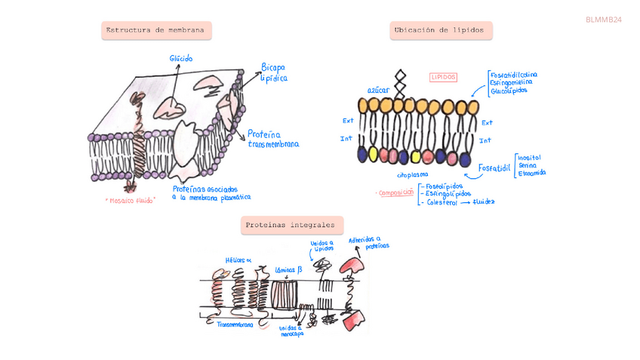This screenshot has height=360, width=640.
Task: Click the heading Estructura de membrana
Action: [x=156, y=31]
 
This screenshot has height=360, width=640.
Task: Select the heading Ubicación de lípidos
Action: [x=442, y=31]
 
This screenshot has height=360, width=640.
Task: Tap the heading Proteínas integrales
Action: [x=291, y=225]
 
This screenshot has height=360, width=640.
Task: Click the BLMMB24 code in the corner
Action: [x=603, y=19]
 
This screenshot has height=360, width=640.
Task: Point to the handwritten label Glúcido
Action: [x=181, y=58]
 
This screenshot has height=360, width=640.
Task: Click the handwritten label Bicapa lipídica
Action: [x=273, y=72]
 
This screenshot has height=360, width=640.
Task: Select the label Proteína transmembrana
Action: [x=272, y=139]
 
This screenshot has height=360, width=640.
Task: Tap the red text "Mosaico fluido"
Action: [x=131, y=201]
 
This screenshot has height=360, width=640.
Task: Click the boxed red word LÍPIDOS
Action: [x=444, y=77]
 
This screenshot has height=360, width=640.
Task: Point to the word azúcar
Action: [x=378, y=90]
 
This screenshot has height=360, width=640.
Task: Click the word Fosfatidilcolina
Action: [x=514, y=75]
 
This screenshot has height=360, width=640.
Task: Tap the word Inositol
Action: [x=529, y=157]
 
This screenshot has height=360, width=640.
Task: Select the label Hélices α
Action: [x=238, y=260]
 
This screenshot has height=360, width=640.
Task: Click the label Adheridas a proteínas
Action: [x=369, y=242]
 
